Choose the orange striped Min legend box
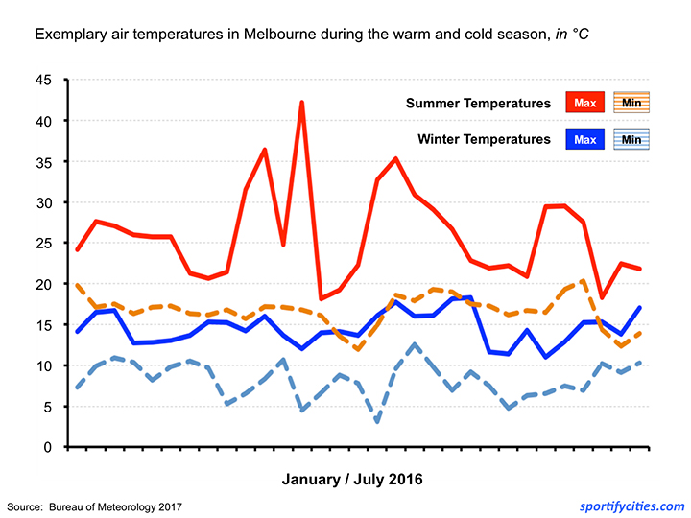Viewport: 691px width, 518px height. coord(631,103)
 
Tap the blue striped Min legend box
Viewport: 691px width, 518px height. coord(631,139)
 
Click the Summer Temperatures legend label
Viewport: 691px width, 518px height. coord(478,103)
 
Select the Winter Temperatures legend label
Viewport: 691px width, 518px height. coord(484,139)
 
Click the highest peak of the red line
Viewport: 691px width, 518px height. coord(302,102)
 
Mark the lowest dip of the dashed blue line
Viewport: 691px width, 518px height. coord(377,421)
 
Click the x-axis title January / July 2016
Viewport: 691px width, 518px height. coord(351,478)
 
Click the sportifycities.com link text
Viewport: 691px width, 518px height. coord(631,506)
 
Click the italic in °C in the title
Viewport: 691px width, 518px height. coord(568,35)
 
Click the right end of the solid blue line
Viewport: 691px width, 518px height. coord(640,308)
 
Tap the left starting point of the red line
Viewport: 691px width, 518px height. coord(77,249)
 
